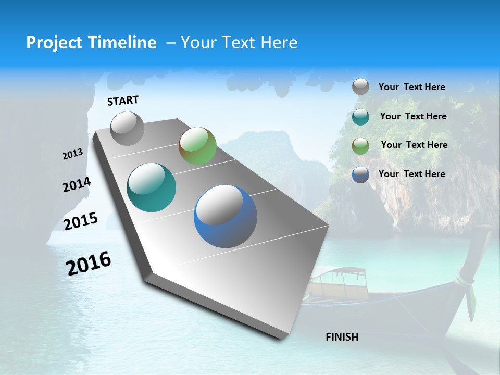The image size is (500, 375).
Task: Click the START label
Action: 123,101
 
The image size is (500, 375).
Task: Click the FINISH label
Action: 342,337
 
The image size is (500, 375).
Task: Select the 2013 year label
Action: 72,154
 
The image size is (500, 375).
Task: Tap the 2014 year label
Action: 77,185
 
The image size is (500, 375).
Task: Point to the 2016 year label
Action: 89,264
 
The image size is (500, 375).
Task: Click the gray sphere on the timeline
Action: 127,128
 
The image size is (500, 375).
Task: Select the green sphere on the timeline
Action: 197,146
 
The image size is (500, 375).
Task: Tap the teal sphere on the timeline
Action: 151,187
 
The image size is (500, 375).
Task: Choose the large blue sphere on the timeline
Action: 226,216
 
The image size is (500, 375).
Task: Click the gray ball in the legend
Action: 360,87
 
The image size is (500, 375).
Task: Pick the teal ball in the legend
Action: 360,117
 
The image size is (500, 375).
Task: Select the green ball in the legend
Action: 360,145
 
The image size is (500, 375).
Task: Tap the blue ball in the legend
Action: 360,174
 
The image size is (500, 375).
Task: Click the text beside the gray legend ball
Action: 411,87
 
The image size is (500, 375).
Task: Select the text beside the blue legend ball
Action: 411,174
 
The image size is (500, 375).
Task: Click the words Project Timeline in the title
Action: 91,43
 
